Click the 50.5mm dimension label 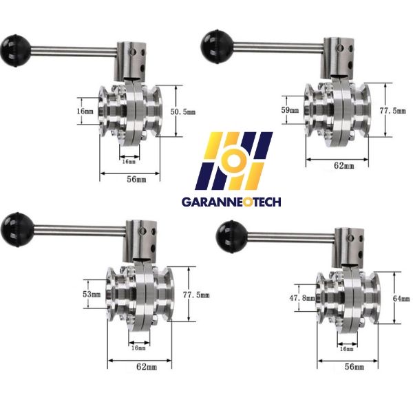tap(183, 112)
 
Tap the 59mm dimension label tap(290, 110)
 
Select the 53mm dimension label tap(92, 294)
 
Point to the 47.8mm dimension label tap(302, 298)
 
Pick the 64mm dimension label tap(401, 299)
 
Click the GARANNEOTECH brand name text tap(231, 202)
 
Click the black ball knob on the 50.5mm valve tap(16, 50)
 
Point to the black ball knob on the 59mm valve tap(217, 46)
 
